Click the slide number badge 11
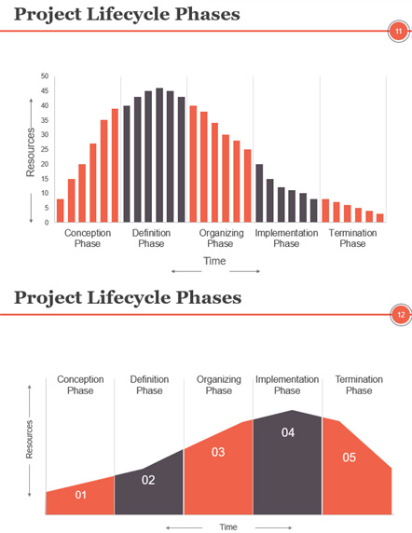[x=398, y=32]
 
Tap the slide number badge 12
[x=401, y=315]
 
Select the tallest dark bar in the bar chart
[x=159, y=155]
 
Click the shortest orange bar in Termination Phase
[x=380, y=218]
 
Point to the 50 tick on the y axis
[x=45, y=76]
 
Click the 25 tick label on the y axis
[x=45, y=149]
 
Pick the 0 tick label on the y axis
[x=47, y=223]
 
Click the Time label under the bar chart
[x=214, y=261]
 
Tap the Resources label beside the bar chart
[x=30, y=152]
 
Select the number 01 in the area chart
[x=80, y=495]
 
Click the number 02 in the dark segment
[x=148, y=480]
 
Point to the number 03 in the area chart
[x=218, y=452]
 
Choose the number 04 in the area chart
[x=288, y=432]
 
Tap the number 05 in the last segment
[x=350, y=458]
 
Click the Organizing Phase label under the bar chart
[x=221, y=239]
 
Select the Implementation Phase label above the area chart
[x=287, y=385]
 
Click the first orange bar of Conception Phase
[x=61, y=211]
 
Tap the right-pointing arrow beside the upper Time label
[x=245, y=271]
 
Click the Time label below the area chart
[x=228, y=526]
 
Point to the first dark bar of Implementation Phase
[x=259, y=193]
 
